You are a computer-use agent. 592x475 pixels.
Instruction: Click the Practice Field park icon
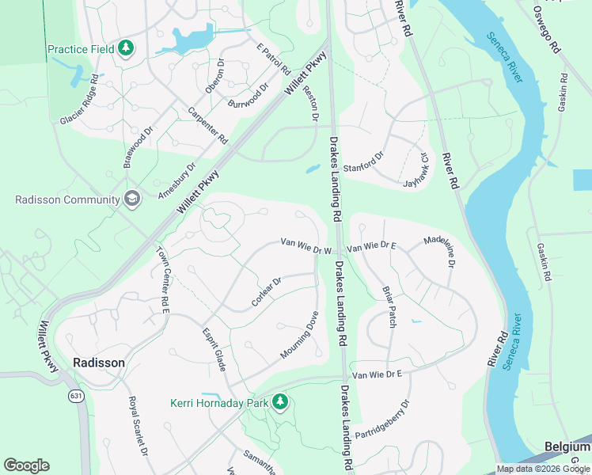[x=125, y=49]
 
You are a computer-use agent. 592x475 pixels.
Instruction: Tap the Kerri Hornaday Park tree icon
[x=279, y=403]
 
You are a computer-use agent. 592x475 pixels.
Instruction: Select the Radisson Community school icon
[x=131, y=199]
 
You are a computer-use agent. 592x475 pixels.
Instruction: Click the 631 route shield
[x=76, y=396]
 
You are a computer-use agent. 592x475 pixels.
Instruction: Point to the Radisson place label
[x=98, y=363]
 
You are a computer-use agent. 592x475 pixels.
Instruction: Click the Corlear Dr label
[x=267, y=292]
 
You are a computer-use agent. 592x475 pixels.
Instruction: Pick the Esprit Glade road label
[x=214, y=349]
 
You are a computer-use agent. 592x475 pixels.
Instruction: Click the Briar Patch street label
[x=389, y=307]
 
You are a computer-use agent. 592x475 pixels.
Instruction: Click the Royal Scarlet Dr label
[x=139, y=426]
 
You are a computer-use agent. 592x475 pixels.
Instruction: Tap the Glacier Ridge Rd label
[x=80, y=100]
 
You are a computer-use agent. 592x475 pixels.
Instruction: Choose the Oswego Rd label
[x=546, y=30]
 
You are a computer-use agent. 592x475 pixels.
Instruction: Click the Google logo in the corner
[x=26, y=465]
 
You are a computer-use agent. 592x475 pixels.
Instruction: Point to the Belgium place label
[x=567, y=447]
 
